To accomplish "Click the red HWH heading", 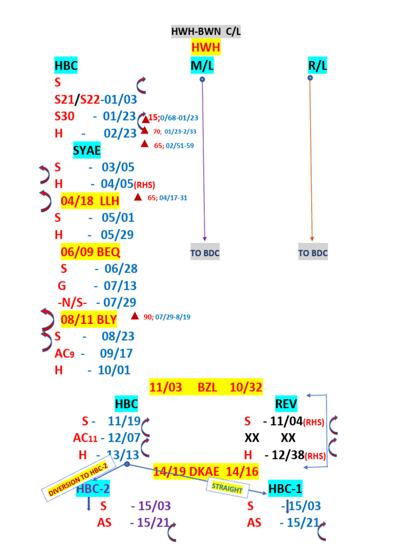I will click(206, 48).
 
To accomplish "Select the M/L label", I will click(202, 66).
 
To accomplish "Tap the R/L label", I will click(318, 66).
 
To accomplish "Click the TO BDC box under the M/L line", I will click(205, 253).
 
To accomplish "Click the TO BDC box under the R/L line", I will click(313, 253).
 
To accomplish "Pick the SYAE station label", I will click(87, 150).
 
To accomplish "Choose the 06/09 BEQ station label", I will click(90, 251).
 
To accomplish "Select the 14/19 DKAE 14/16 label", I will click(206, 472).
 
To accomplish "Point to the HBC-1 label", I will click(286, 489).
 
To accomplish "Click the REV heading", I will click(286, 404).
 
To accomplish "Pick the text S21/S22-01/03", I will click(95, 100).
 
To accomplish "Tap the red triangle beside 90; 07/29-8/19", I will click(135, 316).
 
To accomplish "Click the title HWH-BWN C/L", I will click(206, 32).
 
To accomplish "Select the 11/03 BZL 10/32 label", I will click(206, 387).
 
